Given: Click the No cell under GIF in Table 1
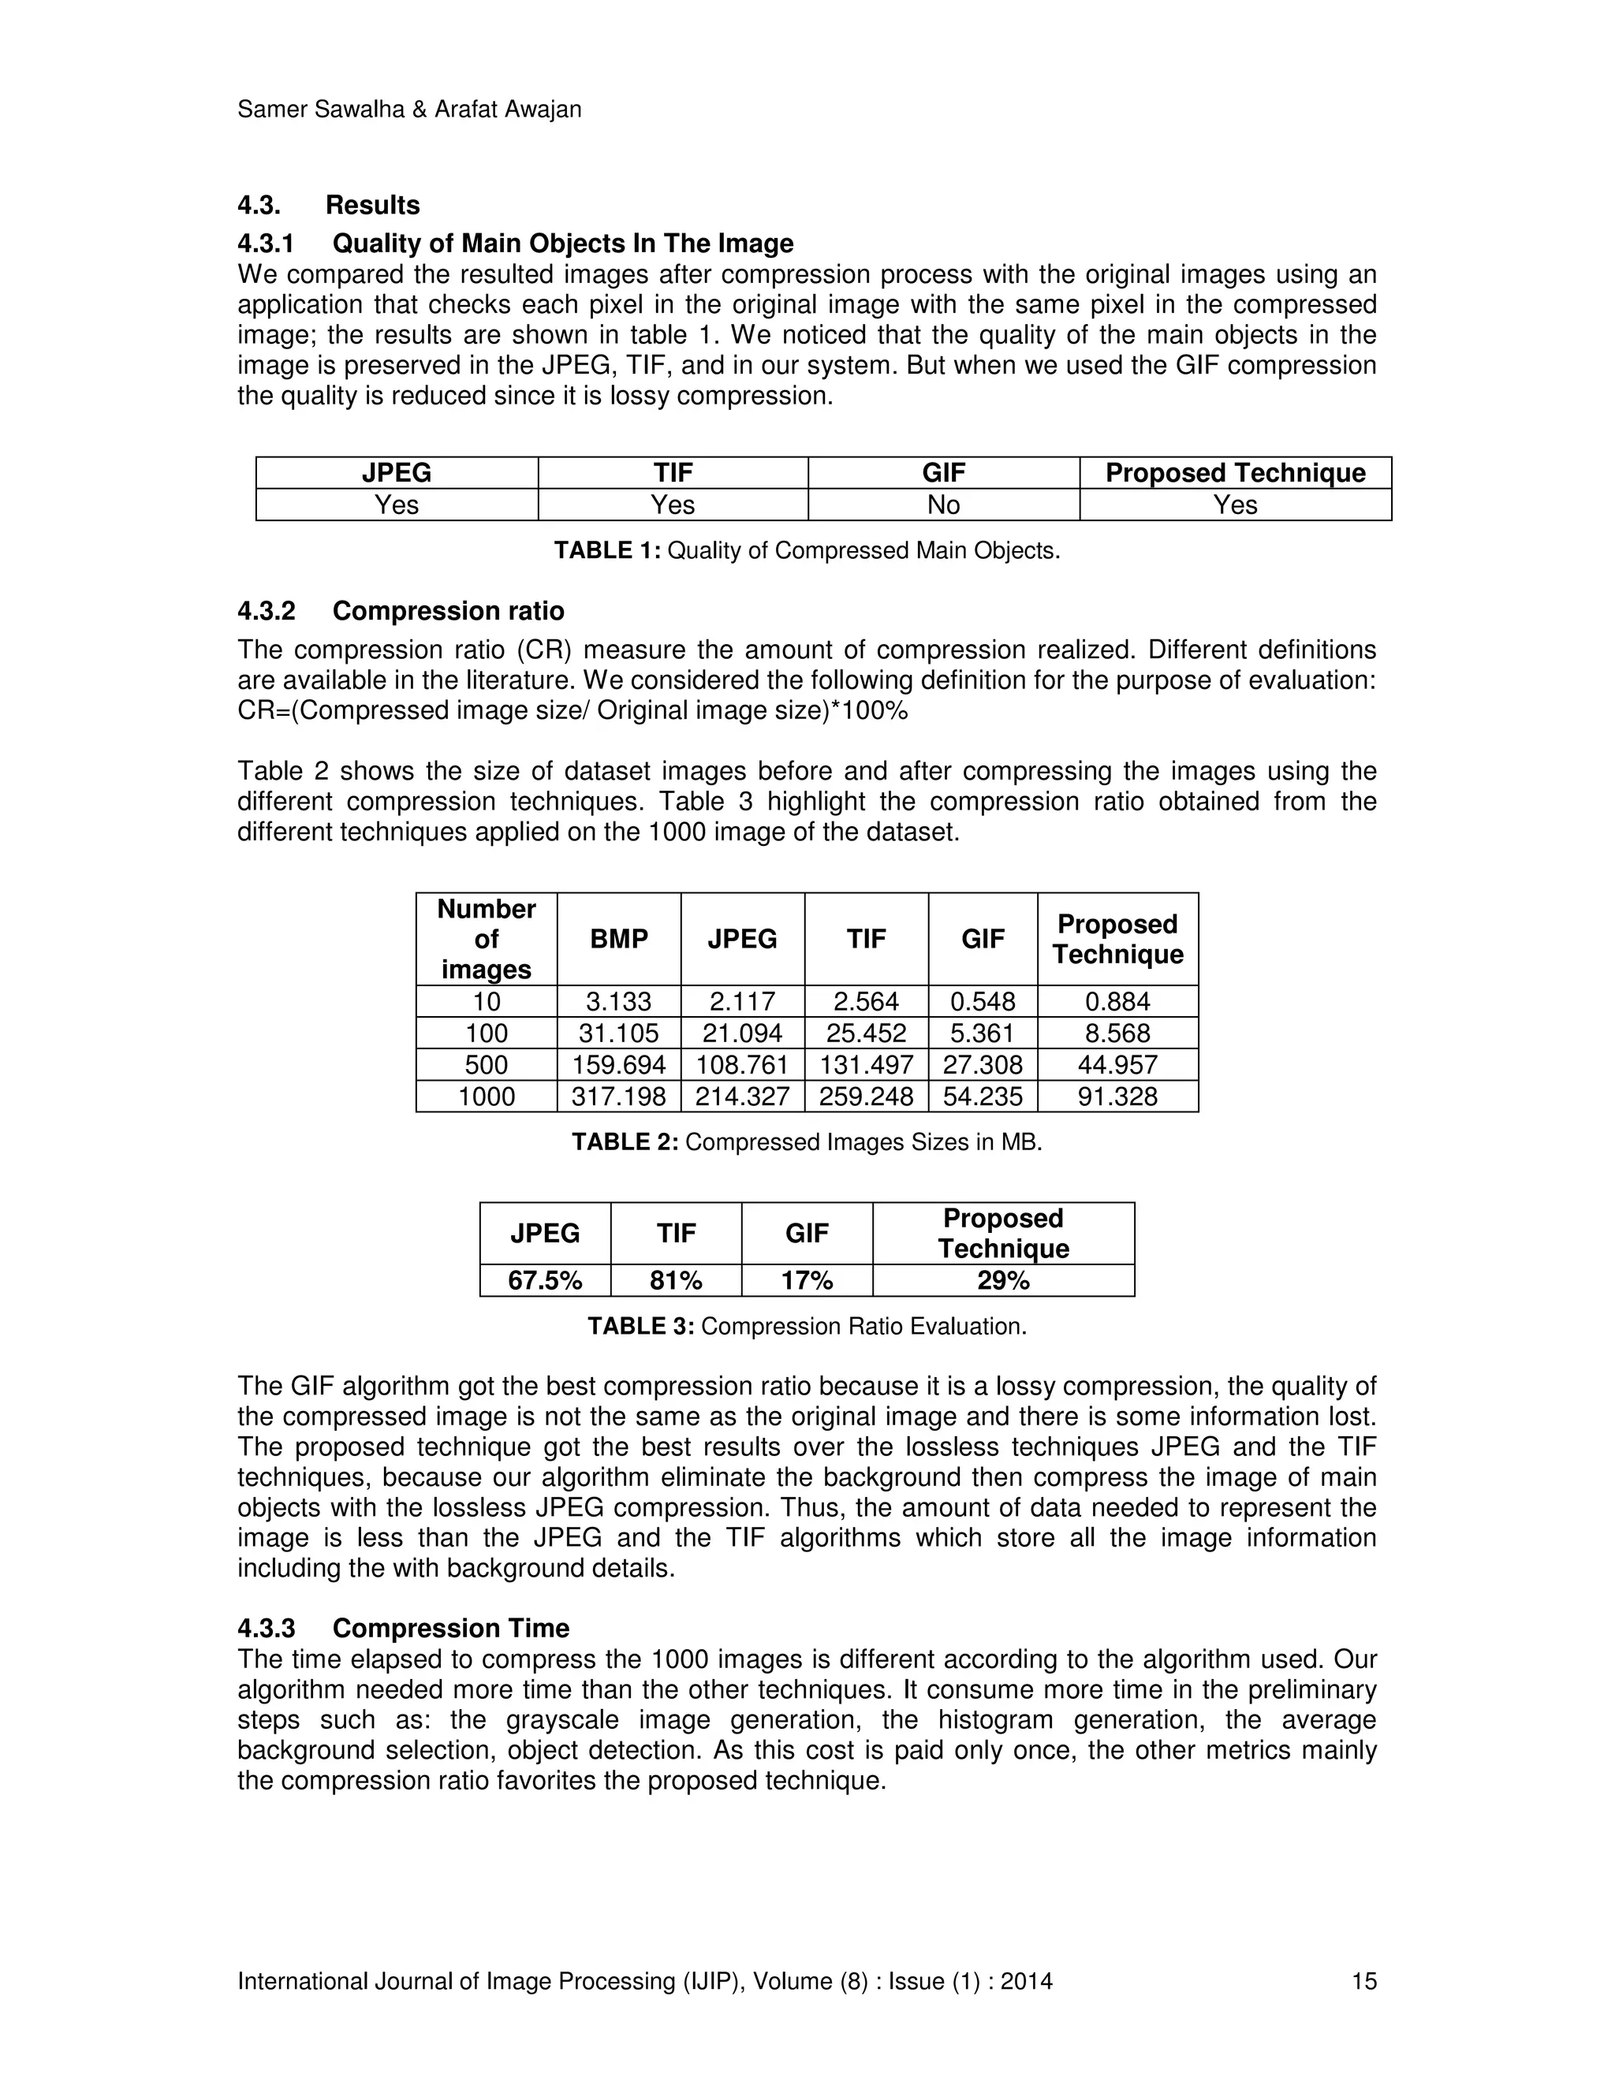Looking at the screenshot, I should point(943,505).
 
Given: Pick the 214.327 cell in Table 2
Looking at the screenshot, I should point(741,1097).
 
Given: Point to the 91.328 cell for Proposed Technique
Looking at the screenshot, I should point(1117,1097).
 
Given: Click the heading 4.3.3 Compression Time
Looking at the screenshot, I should point(403,1628).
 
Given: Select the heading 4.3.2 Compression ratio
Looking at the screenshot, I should point(400,610).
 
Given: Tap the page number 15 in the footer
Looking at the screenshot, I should point(1363,1981).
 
